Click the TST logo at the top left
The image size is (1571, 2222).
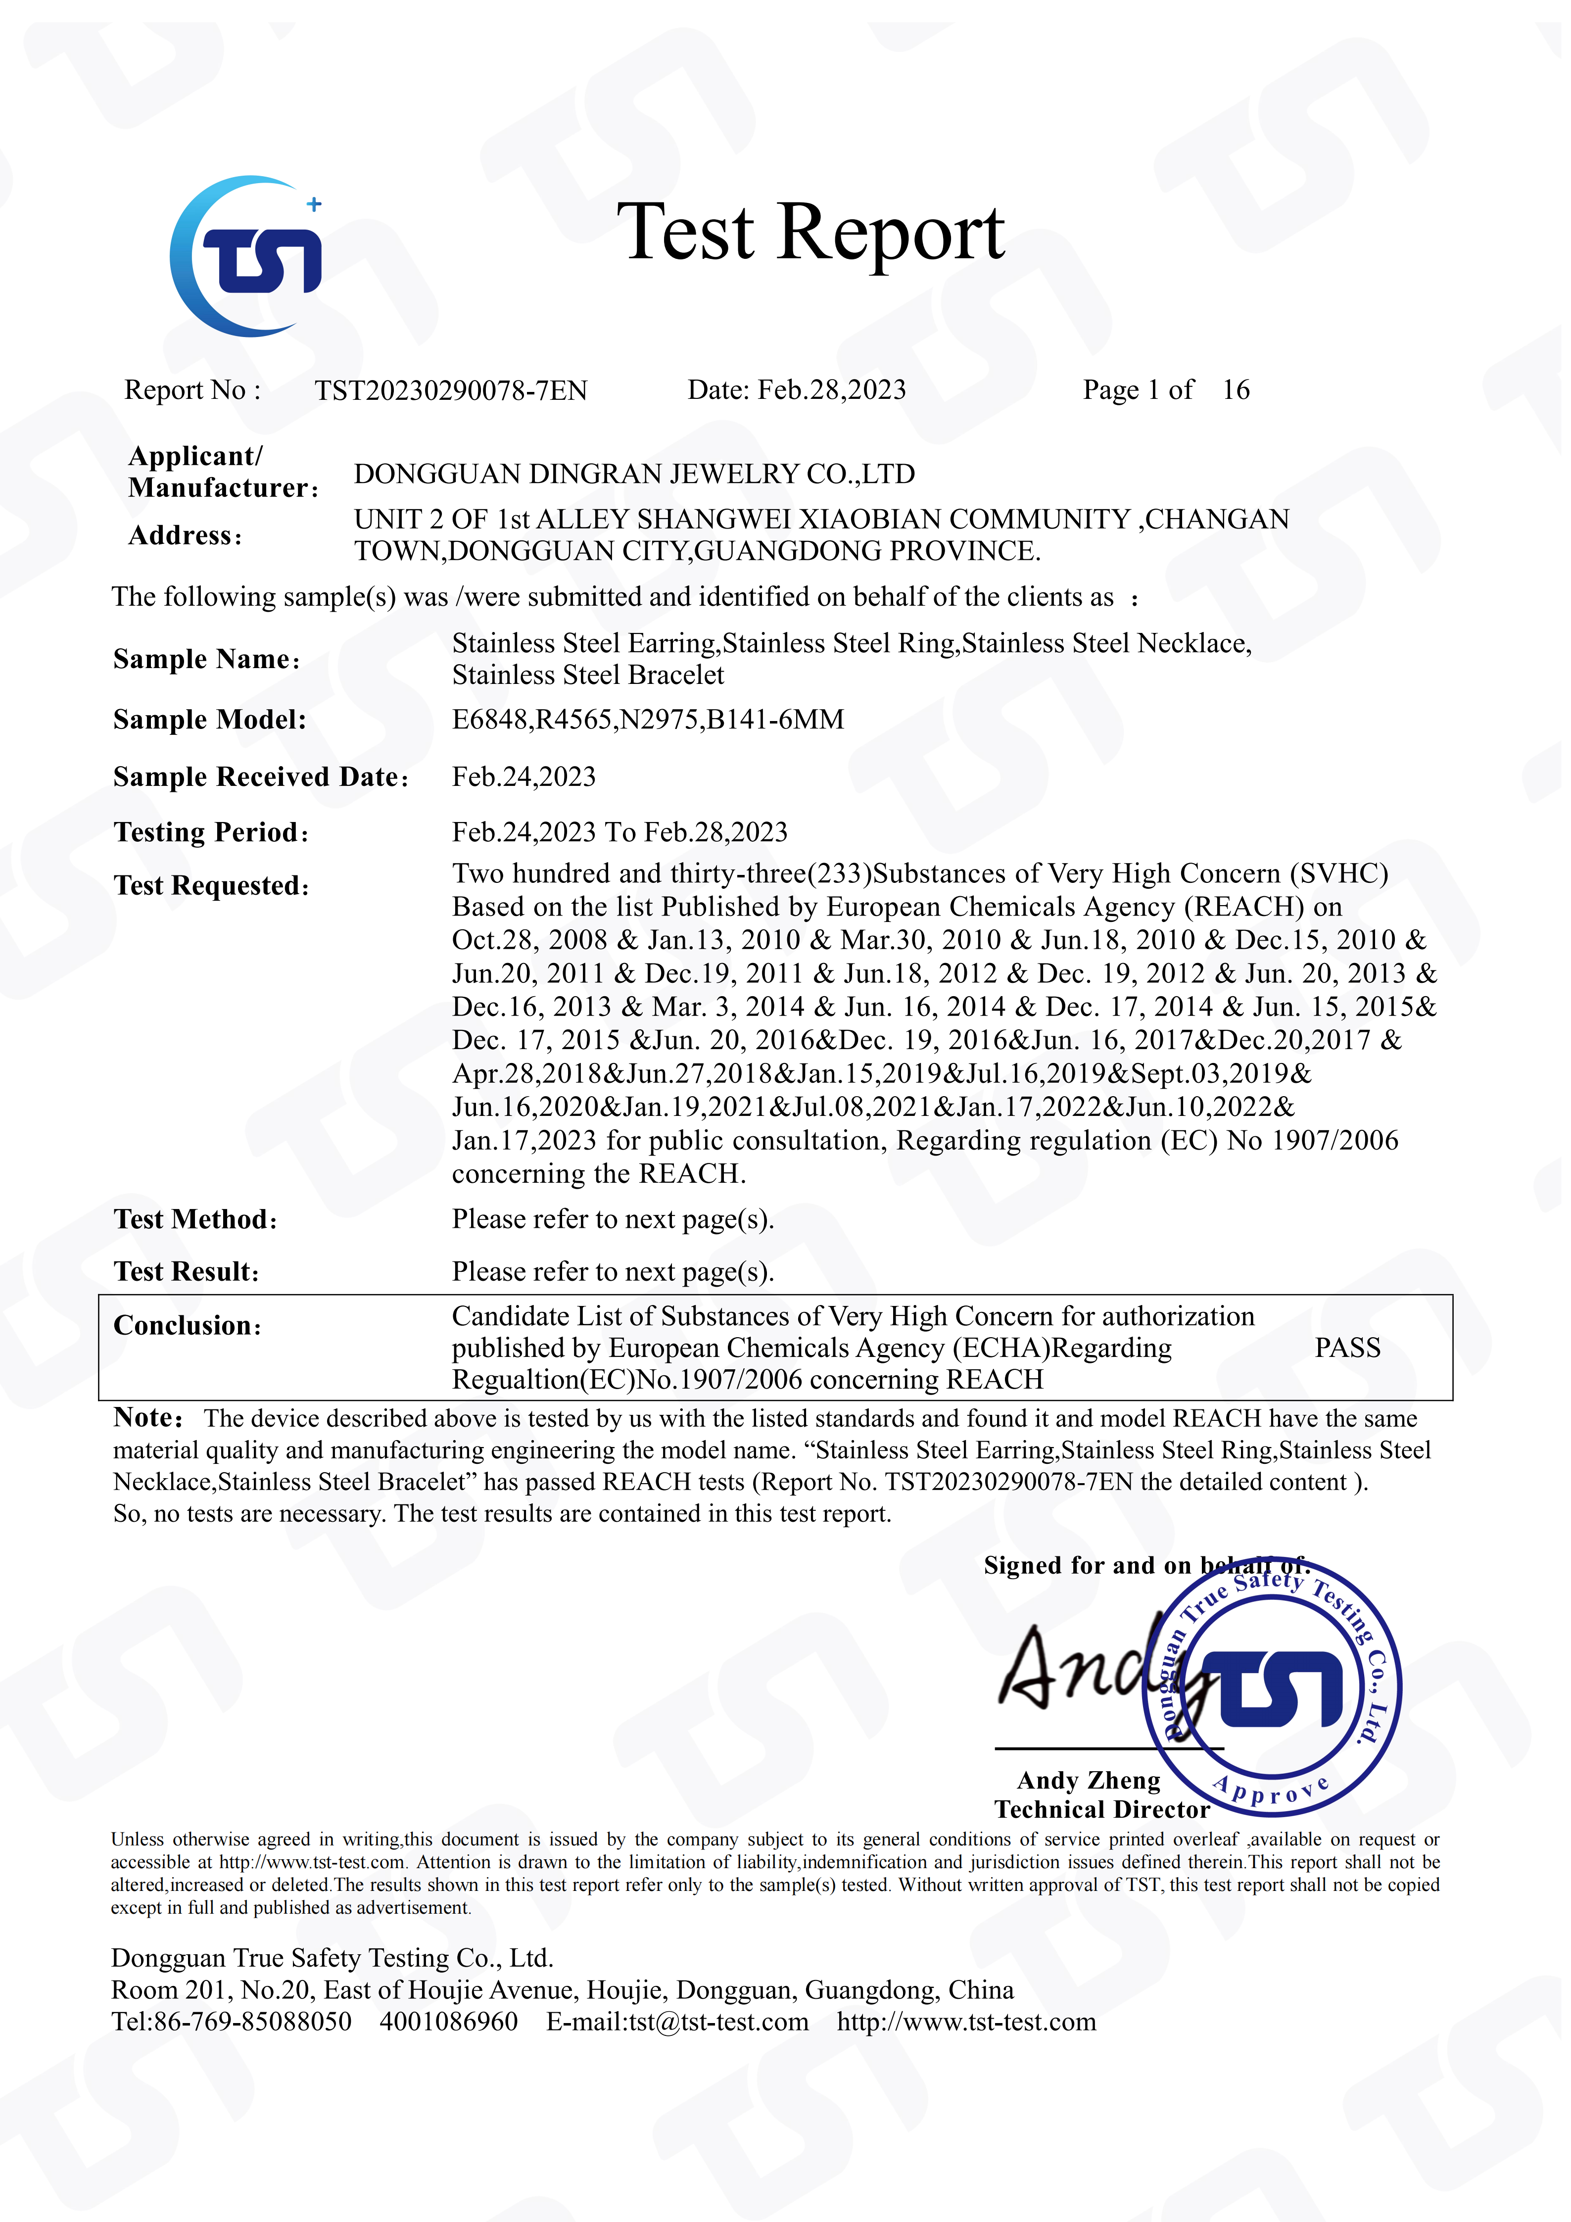(x=247, y=256)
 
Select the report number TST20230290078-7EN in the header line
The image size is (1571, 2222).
(x=451, y=390)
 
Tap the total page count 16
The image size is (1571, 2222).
(x=1236, y=390)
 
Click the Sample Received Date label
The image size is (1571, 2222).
(x=259, y=777)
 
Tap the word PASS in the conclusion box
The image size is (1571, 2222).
(x=1346, y=1348)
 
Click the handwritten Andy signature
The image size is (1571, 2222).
(x=1084, y=1669)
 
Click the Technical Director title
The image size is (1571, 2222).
(x=1102, y=1810)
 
